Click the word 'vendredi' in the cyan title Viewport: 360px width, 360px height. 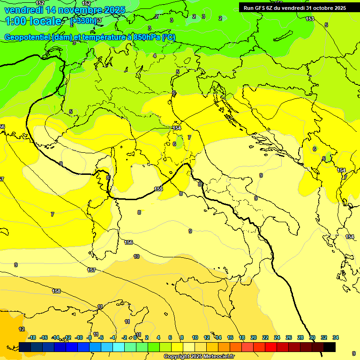(x=23, y=10)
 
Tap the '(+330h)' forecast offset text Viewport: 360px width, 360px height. (x=84, y=21)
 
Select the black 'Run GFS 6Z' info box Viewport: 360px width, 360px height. (x=295, y=7)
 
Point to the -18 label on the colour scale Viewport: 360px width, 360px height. (x=32, y=337)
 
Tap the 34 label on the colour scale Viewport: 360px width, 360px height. (x=336, y=337)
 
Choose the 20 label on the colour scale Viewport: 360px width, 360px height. (x=254, y=337)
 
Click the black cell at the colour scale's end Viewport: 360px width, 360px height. (x=329, y=347)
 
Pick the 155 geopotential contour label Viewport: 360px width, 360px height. (x=158, y=189)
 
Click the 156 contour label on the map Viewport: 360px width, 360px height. (x=128, y=242)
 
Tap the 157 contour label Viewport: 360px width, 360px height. (x=92, y=270)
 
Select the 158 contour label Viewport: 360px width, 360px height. (x=56, y=291)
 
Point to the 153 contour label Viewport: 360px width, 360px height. (x=310, y=19)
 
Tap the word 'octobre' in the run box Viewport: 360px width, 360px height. (x=318, y=7)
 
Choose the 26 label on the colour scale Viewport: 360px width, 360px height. (x=289, y=337)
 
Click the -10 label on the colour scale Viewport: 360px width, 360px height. (x=79, y=337)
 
